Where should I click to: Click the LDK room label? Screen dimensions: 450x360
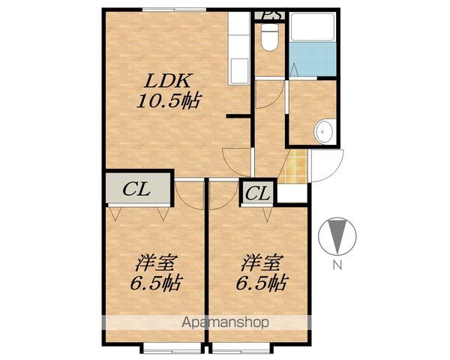pos(167,81)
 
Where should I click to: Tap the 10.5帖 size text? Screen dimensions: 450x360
pos(169,100)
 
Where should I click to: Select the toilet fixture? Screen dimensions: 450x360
pos(270,37)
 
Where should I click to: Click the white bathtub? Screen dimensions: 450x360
pos(312,27)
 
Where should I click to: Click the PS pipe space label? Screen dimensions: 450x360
pos(269,15)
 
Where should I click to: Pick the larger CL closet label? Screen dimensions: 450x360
pos(136,190)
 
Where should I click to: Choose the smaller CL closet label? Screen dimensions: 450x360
pos(257,193)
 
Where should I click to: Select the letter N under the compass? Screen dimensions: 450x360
pos(337,265)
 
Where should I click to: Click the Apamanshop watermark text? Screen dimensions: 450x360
pos(225,322)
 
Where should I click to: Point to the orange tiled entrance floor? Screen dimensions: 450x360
pos(293,166)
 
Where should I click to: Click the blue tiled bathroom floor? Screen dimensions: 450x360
pos(312,59)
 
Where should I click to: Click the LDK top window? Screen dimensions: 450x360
pos(175,10)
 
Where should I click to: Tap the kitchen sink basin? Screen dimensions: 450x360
pos(239,70)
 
